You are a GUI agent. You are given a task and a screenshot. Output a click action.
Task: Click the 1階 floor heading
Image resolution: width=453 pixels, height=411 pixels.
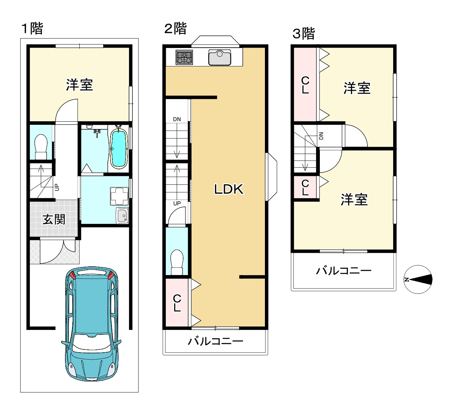tap(32, 28)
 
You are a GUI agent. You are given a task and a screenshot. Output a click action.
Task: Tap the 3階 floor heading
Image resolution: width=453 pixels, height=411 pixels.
tap(304, 34)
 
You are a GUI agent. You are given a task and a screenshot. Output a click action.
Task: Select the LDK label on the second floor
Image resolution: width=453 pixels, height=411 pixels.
tap(228, 189)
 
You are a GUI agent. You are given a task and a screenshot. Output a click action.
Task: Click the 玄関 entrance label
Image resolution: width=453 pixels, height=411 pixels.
tap(54, 219)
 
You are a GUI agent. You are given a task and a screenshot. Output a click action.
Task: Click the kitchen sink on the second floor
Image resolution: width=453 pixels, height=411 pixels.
tap(219, 57)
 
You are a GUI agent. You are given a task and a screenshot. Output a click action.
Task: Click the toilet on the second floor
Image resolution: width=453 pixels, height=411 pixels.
tap(177, 262)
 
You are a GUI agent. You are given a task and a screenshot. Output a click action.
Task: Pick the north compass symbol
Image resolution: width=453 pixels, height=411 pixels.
tap(418, 279)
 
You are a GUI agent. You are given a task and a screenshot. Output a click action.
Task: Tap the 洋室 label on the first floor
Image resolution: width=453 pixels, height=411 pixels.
tap(79, 85)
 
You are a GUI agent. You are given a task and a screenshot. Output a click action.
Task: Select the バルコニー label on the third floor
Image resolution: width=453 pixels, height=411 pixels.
tap(343, 271)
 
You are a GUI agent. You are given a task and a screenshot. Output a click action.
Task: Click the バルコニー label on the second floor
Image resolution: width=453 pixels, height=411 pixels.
tap(215, 341)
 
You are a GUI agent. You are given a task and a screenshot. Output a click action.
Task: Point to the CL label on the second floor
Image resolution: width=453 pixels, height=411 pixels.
tap(177, 303)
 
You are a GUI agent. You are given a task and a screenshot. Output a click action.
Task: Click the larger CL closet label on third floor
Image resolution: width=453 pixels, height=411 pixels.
tap(305, 85)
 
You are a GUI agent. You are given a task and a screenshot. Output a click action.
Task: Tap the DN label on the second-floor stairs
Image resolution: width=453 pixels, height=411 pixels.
tap(177, 119)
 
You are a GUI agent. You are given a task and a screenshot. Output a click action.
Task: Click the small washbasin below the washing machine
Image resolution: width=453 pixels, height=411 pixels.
tap(122, 216)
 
